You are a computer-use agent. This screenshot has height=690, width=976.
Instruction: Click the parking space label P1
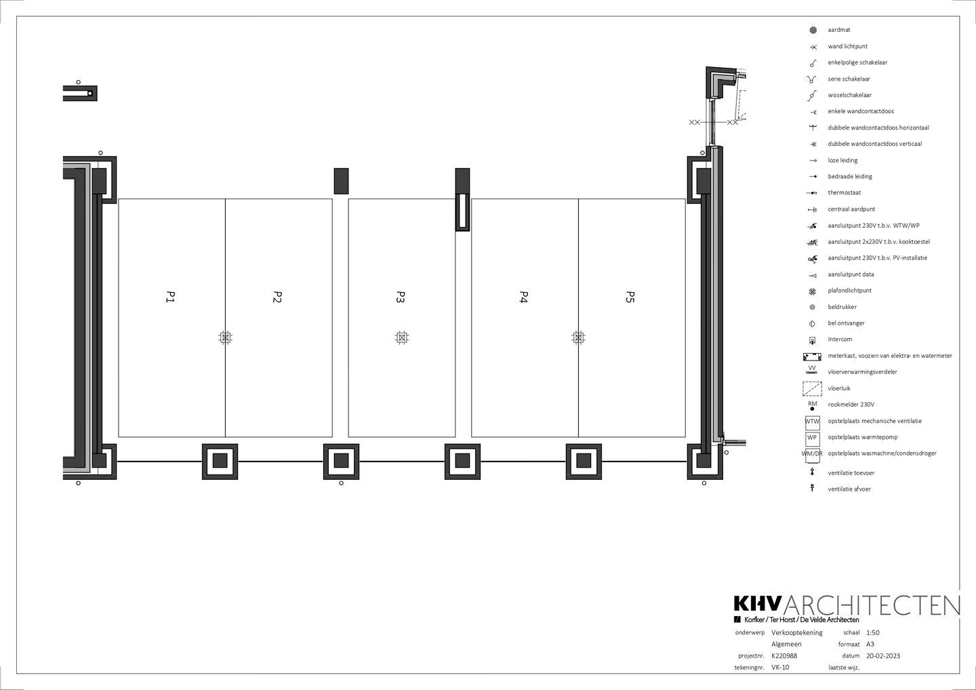point(170,297)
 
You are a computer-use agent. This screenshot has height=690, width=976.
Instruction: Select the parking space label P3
point(401,297)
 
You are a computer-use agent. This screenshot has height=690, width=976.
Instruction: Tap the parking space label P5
point(630,297)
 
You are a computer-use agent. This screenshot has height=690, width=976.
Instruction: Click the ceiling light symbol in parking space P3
point(402,338)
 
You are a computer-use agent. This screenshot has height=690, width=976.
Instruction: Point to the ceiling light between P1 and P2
point(225,338)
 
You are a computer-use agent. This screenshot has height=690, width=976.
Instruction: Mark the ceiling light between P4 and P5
point(578,338)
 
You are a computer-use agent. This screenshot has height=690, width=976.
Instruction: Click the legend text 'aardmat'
point(839,30)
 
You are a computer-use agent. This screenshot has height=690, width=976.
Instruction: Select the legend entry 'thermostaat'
point(844,192)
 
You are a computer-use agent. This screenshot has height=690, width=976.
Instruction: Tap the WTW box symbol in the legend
point(812,422)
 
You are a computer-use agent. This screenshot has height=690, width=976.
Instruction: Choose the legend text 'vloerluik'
point(839,388)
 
